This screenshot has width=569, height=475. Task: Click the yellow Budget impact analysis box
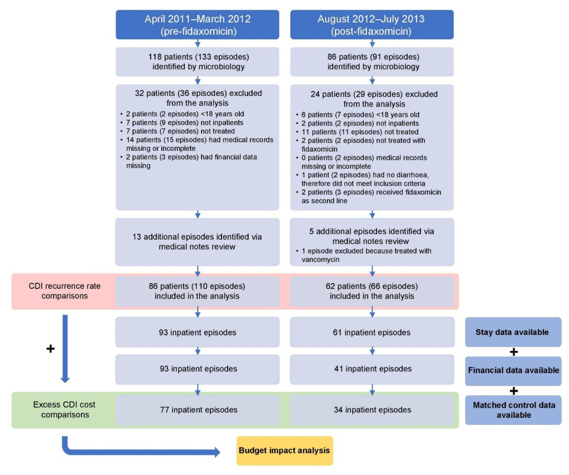click(284, 451)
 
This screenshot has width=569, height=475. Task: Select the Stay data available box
click(513, 332)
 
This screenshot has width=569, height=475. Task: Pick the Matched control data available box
click(513, 410)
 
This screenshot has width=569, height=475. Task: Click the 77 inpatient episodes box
click(197, 410)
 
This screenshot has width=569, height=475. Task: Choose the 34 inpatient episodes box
click(372, 410)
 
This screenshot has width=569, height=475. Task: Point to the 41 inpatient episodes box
click(372, 369)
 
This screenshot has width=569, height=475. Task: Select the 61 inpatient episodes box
click(372, 332)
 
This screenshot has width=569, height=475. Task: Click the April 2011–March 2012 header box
click(197, 25)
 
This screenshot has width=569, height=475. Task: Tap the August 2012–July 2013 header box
click(372, 25)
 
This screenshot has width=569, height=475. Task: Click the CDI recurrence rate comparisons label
click(64, 291)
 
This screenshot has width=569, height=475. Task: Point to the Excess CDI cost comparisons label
click(64, 410)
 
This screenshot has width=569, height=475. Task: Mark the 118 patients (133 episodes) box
click(197, 62)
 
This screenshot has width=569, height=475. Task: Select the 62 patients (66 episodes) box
click(372, 291)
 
